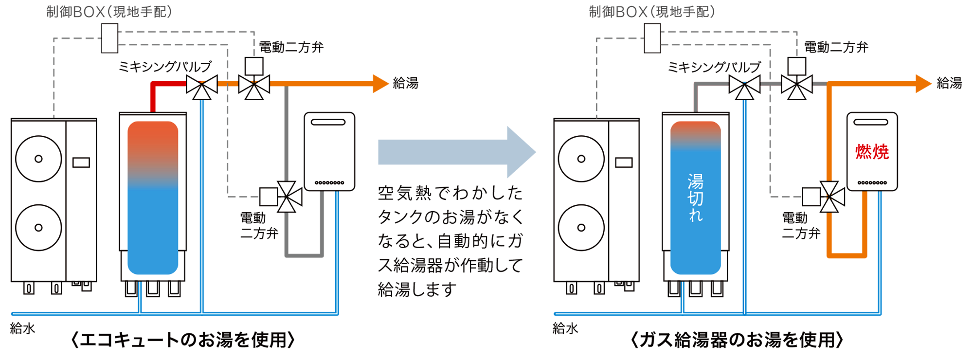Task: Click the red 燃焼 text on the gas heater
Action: (872, 152)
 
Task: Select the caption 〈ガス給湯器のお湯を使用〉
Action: (737, 340)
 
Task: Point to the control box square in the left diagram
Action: (109, 38)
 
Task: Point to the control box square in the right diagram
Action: (652, 38)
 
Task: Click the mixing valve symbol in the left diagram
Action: (202, 86)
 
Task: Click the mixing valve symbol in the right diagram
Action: (744, 86)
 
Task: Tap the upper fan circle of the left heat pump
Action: (38, 159)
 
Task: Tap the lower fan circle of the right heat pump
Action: (581, 227)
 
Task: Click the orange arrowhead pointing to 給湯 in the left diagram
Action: (380, 84)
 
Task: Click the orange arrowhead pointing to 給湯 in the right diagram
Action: (923, 84)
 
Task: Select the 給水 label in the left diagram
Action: (22, 328)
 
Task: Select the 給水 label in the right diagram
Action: (565, 328)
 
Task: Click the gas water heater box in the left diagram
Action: (329, 151)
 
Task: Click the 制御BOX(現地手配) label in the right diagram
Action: (652, 12)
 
